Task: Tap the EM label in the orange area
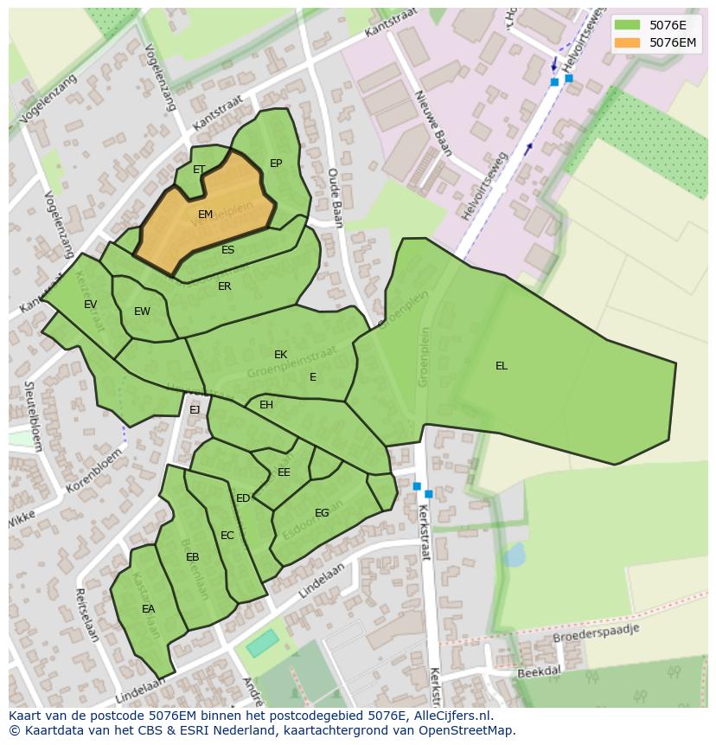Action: pos(205,215)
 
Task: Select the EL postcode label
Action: pos(502,366)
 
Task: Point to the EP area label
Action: pos(276,164)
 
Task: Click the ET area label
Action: pos(199,170)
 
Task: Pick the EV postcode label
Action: pos(91,305)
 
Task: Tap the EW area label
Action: pos(142,311)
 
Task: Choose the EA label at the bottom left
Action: pos(149,609)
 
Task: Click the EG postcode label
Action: pos(322,513)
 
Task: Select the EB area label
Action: pos(192,557)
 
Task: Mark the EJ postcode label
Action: pos(195,410)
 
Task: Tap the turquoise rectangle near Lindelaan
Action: pos(262,643)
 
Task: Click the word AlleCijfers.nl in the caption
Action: pos(451,716)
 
